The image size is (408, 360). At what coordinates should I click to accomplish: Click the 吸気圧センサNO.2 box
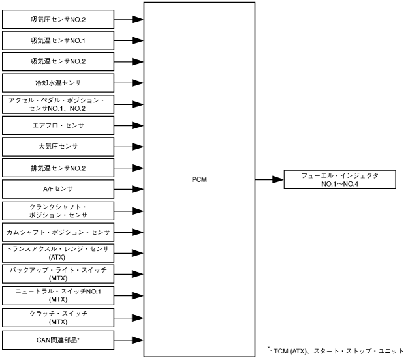(x=59, y=19)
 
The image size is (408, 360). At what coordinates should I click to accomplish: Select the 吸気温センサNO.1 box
(x=59, y=40)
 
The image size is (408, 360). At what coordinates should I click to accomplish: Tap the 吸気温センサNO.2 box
(x=59, y=62)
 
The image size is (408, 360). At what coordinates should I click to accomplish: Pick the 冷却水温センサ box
(x=59, y=83)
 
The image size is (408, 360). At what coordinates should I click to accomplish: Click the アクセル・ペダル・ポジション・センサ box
(x=59, y=104)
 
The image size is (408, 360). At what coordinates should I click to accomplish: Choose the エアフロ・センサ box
(x=59, y=125)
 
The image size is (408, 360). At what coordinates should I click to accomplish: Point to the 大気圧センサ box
(x=59, y=147)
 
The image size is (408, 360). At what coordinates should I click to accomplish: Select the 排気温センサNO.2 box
(x=59, y=168)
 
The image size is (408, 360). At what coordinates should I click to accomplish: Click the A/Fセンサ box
(x=59, y=190)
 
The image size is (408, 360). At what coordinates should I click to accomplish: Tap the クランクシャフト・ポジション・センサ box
(x=59, y=211)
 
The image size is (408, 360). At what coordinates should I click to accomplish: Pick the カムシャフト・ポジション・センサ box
(x=59, y=232)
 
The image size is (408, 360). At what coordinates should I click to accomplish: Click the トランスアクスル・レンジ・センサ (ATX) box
(x=59, y=253)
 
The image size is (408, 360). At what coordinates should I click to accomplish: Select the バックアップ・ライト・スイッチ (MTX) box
(x=59, y=275)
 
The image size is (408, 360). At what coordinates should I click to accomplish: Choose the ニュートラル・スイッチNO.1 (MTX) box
(x=59, y=296)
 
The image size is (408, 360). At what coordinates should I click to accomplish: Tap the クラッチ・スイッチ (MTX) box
(x=59, y=318)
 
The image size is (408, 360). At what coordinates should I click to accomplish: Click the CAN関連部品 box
(x=59, y=339)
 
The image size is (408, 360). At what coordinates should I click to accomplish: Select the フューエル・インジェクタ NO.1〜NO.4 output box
(x=339, y=179)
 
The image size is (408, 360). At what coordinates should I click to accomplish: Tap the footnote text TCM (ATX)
(x=294, y=350)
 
